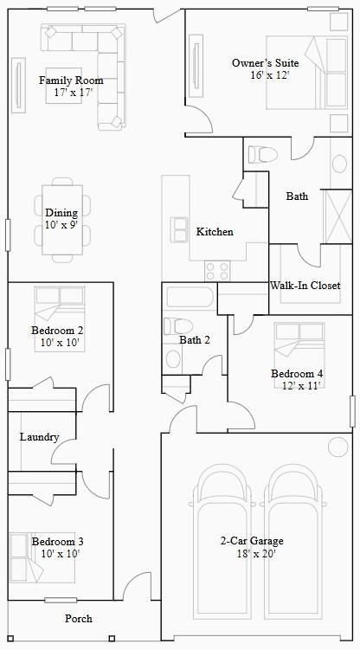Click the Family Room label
tap(65, 80)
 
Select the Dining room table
tap(61, 220)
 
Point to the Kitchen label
tap(215, 232)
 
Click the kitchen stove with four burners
tap(216, 271)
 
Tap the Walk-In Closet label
tap(305, 285)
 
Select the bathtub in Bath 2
tap(188, 299)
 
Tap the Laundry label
tap(39, 437)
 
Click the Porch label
tap(79, 619)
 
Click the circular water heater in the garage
tap(336, 447)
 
